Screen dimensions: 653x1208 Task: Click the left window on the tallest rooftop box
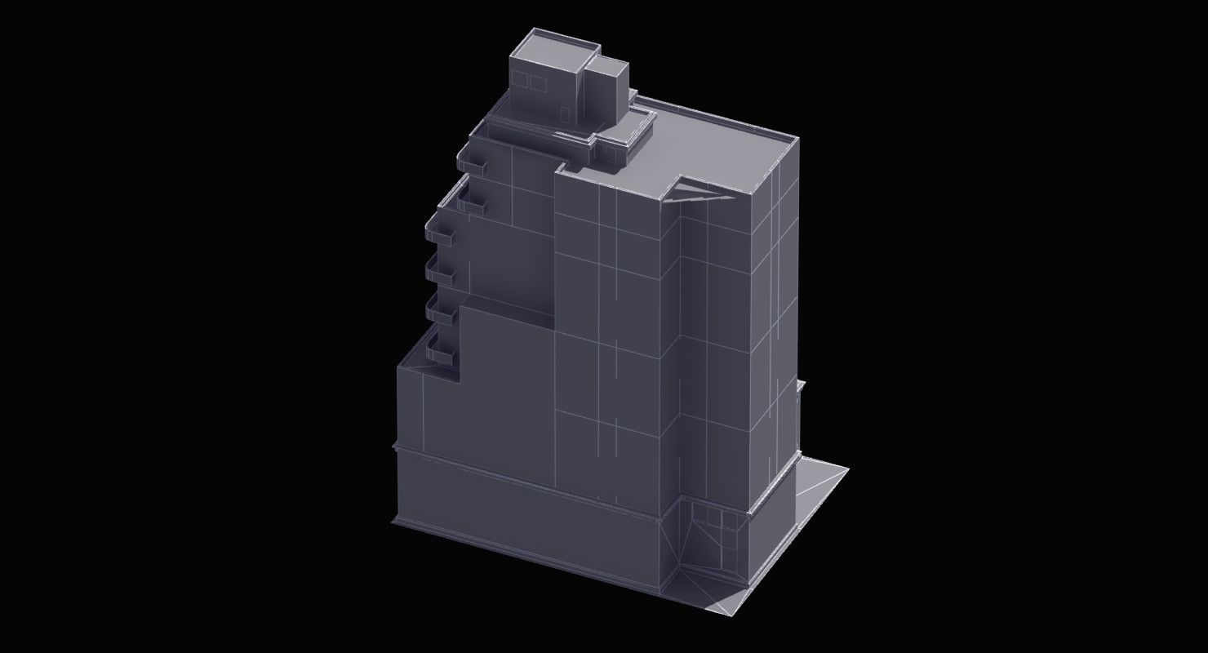(519, 80)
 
